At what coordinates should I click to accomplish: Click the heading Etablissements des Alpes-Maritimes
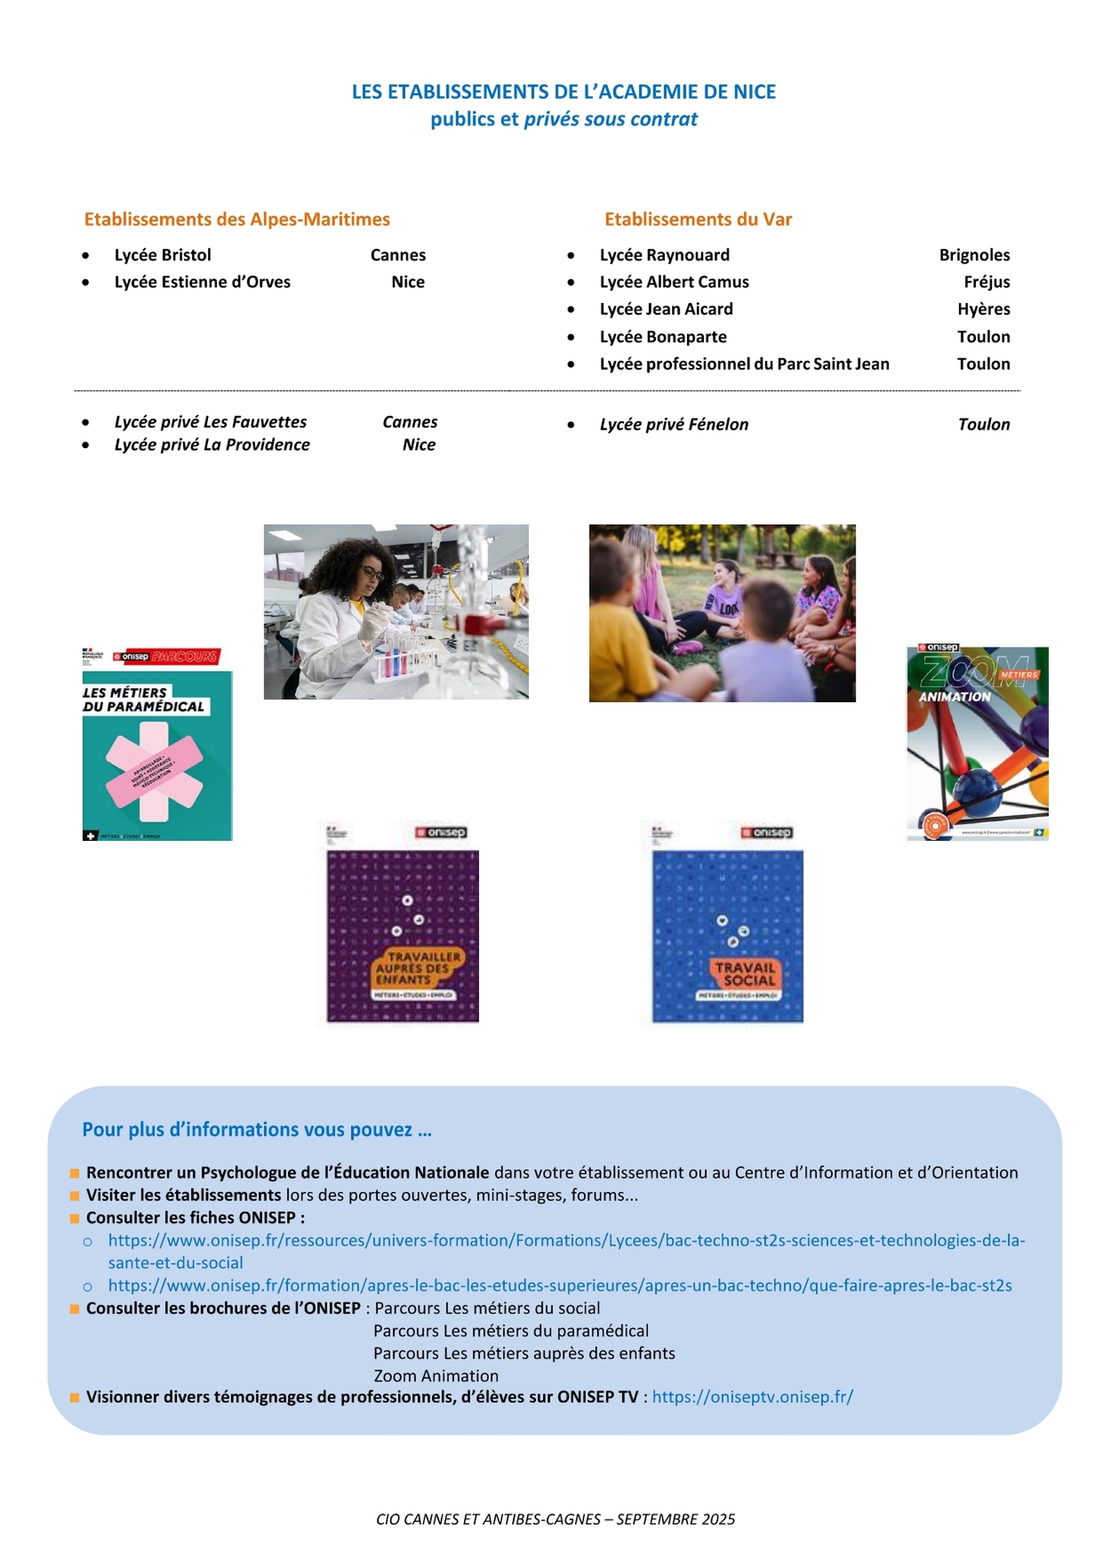tap(237, 219)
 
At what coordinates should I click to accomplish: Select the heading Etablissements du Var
tap(698, 219)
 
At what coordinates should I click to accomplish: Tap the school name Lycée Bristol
tap(162, 255)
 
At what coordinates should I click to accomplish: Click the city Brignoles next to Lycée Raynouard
tap(974, 255)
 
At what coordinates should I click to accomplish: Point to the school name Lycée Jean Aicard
tap(666, 309)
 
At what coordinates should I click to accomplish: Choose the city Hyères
tap(983, 309)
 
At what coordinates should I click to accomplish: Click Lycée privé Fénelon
tap(673, 424)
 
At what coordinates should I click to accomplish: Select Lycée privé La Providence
tap(212, 445)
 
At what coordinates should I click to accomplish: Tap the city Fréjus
tap(986, 282)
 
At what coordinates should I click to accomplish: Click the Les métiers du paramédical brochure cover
tap(157, 744)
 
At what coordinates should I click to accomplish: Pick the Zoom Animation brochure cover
tap(977, 743)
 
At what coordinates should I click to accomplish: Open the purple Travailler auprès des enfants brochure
tap(402, 923)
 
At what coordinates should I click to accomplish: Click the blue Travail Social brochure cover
tap(727, 923)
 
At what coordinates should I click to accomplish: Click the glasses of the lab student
tap(372, 572)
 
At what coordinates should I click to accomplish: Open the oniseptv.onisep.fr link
tap(753, 1397)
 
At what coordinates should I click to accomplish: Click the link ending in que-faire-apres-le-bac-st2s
tap(560, 1286)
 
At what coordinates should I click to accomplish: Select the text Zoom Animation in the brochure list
tap(436, 1376)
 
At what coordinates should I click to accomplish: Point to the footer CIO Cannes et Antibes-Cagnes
tap(555, 1519)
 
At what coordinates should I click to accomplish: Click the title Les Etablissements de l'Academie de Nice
tap(564, 92)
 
